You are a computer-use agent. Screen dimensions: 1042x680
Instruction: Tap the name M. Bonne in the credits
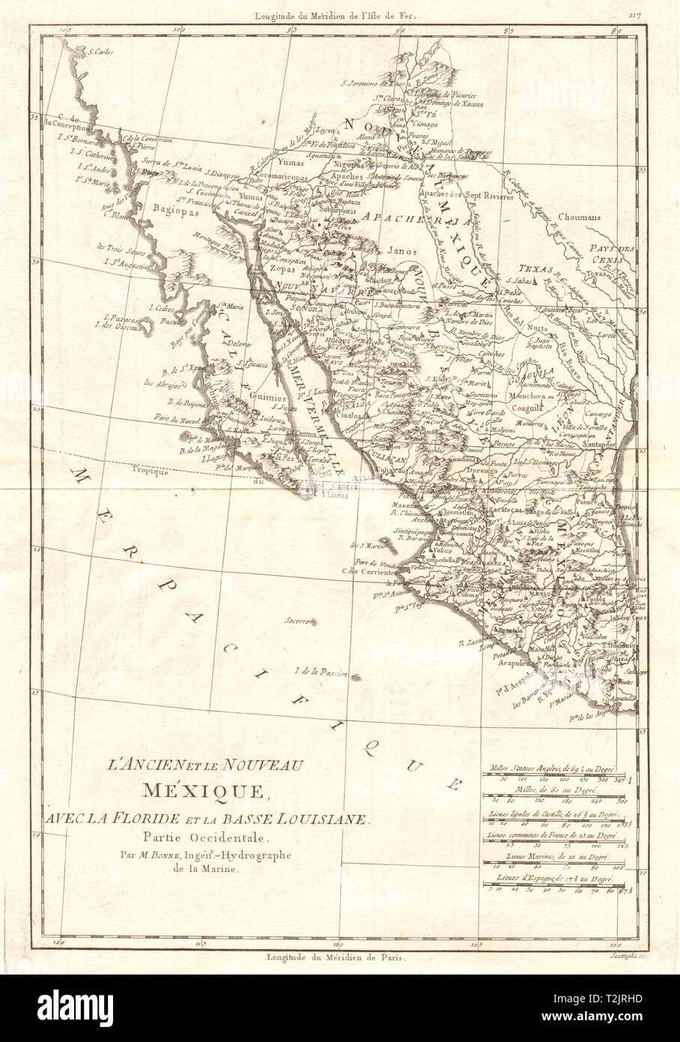tap(189, 855)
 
